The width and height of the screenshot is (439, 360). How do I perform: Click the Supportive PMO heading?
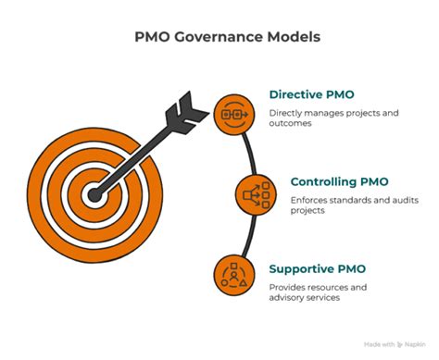[x=317, y=269]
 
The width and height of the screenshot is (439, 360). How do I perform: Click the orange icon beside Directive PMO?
[x=231, y=115]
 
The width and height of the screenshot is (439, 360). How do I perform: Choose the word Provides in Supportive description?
[x=289, y=288]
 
